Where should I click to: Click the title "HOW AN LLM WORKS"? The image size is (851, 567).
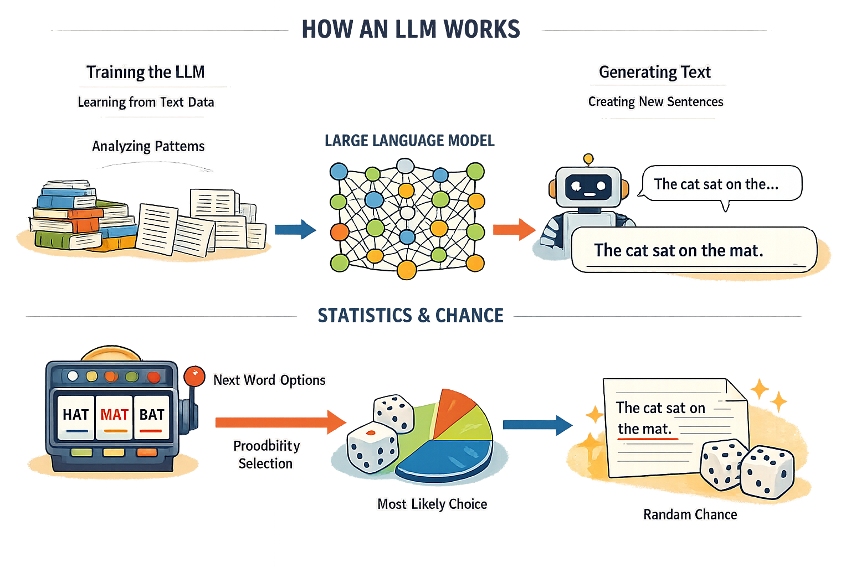coord(411,29)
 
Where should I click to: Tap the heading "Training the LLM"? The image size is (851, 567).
coord(145,72)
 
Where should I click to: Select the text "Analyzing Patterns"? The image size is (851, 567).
coord(148,146)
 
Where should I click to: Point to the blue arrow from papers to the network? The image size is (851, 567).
coord(295,229)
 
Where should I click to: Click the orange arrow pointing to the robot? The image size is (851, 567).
coord(513,229)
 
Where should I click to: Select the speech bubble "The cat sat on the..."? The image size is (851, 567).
coord(720,184)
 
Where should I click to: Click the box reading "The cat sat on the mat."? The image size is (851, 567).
coord(693,250)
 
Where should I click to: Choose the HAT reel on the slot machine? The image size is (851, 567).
coord(75,416)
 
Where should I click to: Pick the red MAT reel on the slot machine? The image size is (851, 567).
coord(114,416)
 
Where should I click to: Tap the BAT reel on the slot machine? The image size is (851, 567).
coord(151,416)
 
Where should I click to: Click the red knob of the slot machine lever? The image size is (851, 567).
coord(194,376)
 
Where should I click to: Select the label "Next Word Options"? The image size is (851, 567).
coord(269,380)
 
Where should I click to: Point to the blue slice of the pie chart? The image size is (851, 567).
coord(449,457)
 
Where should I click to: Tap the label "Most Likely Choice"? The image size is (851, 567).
coord(432,504)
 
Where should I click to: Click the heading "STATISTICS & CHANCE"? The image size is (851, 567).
coord(411,316)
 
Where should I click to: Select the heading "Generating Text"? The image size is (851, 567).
coord(655,72)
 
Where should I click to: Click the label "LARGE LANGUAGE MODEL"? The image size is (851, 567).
coord(409,141)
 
